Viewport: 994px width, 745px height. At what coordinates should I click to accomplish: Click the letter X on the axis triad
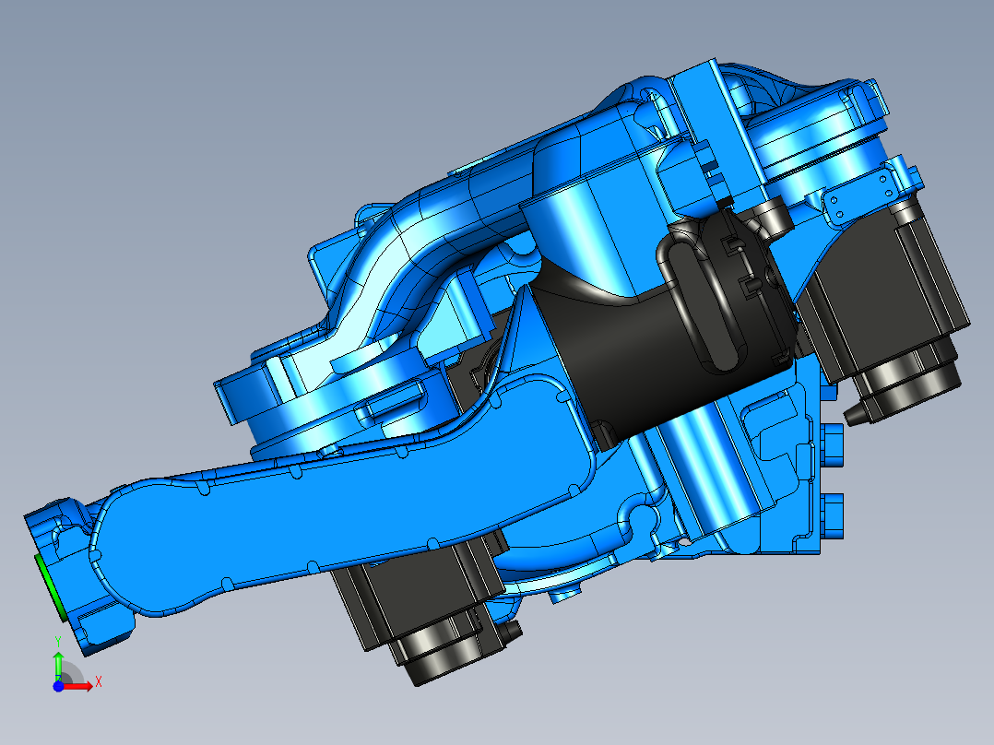click(98, 681)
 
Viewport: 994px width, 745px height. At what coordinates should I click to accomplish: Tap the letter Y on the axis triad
click(57, 640)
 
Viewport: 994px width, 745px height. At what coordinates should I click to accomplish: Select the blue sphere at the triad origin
click(58, 686)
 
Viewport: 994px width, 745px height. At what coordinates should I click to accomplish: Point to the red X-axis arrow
click(80, 685)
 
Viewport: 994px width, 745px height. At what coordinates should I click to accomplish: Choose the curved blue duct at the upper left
click(415, 249)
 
